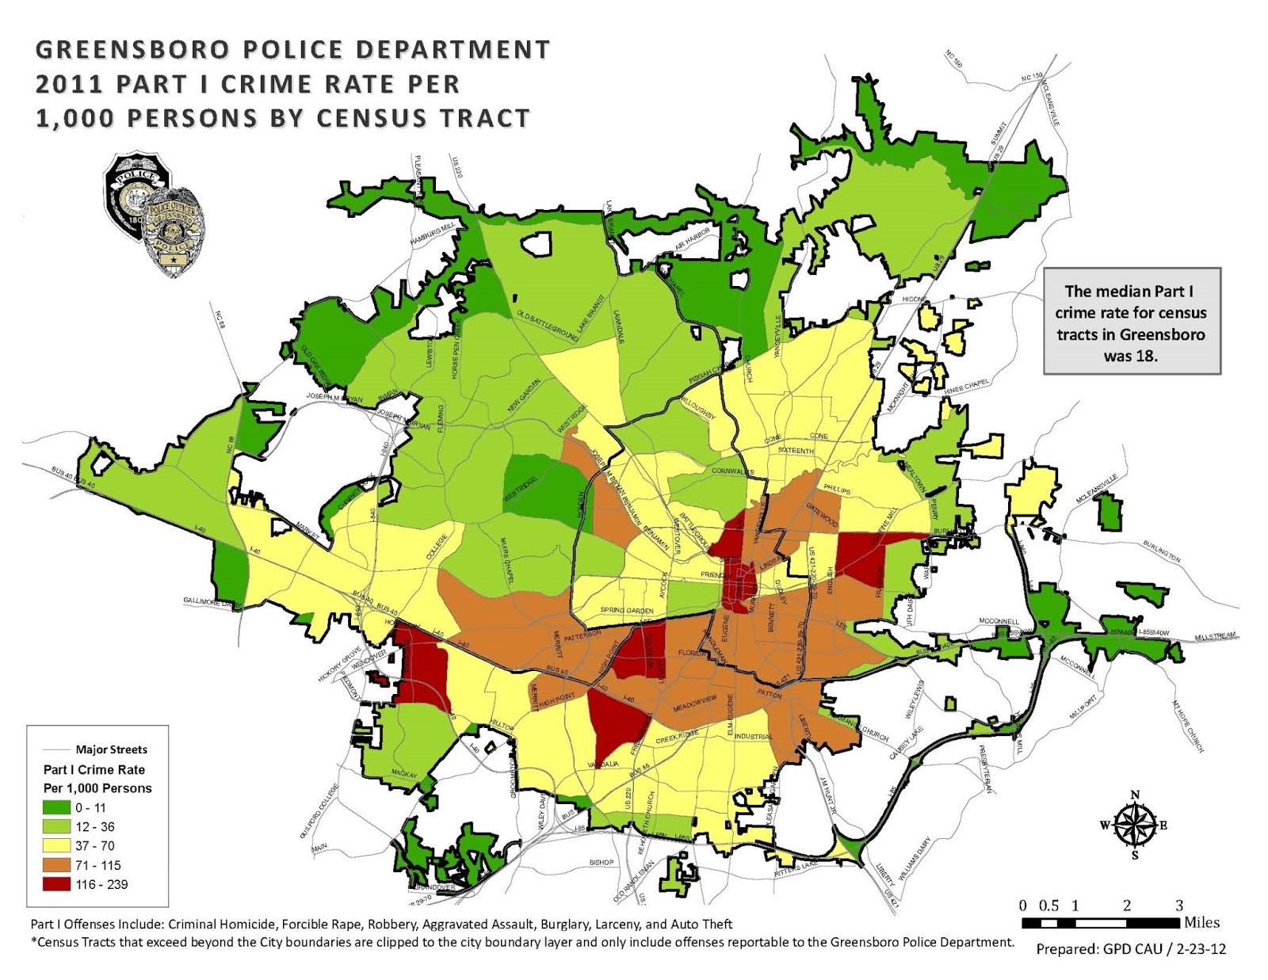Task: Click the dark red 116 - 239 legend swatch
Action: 57,884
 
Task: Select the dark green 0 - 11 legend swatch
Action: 57,807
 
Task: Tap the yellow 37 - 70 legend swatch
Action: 57,845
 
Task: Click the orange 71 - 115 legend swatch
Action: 57,865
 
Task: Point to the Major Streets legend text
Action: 111,749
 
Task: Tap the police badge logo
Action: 155,212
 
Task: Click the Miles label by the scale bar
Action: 1201,922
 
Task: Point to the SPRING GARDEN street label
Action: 627,611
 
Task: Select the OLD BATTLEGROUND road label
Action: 547,326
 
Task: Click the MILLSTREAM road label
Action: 1215,636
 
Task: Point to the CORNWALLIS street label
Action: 733,471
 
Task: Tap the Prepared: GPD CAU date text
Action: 1131,949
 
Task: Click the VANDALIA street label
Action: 603,765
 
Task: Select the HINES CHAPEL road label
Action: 966,387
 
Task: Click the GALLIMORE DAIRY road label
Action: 212,603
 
